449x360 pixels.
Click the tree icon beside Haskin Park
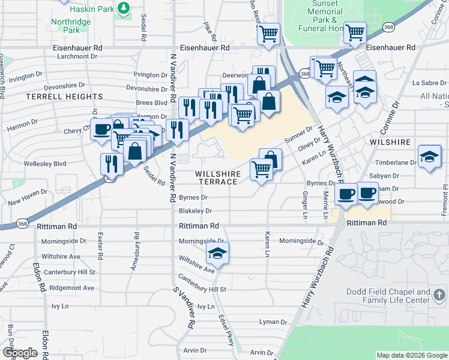(x=123, y=8)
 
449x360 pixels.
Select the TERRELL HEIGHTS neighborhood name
(x=64, y=97)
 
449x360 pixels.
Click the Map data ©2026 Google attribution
(x=411, y=355)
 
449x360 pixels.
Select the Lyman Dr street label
(x=269, y=322)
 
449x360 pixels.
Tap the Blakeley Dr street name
(x=195, y=211)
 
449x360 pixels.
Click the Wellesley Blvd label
(x=44, y=163)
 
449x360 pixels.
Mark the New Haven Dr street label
(x=28, y=203)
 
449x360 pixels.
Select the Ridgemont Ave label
(x=72, y=288)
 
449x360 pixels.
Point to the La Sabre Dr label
(x=427, y=83)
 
